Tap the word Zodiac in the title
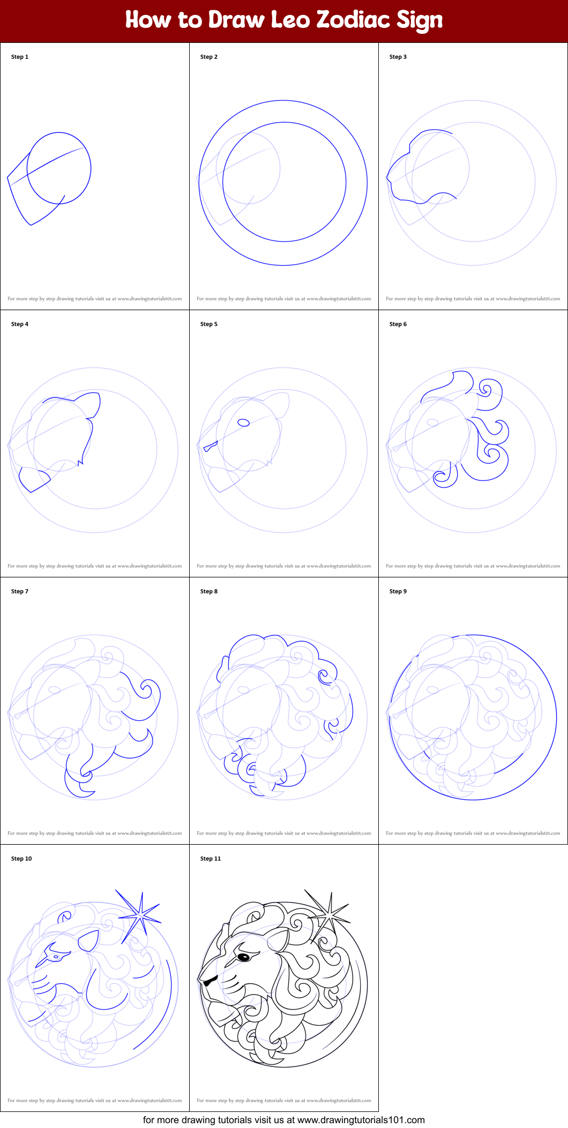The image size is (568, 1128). pyautogui.click(x=353, y=20)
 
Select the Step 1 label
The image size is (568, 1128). pyautogui.click(x=20, y=57)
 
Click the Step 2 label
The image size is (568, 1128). pyautogui.click(x=209, y=57)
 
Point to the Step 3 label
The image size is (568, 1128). pyautogui.click(x=398, y=57)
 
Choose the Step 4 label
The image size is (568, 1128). pyautogui.click(x=20, y=324)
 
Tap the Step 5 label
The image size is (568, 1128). pyautogui.click(x=209, y=324)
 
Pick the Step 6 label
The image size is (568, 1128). pyautogui.click(x=398, y=324)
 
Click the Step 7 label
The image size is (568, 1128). pyautogui.click(x=20, y=591)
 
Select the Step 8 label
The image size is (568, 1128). pyautogui.click(x=209, y=591)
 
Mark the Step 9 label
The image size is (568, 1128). pyautogui.click(x=398, y=591)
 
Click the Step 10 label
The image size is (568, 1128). pyautogui.click(x=21, y=859)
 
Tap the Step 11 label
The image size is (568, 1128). pyautogui.click(x=211, y=859)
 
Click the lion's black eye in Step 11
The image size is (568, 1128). pyautogui.click(x=243, y=957)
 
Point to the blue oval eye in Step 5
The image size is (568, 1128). pyautogui.click(x=243, y=423)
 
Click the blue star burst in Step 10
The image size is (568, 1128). pyautogui.click(x=140, y=918)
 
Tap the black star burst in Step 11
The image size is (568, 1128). pyautogui.click(x=329, y=918)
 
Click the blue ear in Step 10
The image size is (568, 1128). pyautogui.click(x=89, y=941)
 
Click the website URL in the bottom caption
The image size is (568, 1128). pyautogui.click(x=361, y=1120)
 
